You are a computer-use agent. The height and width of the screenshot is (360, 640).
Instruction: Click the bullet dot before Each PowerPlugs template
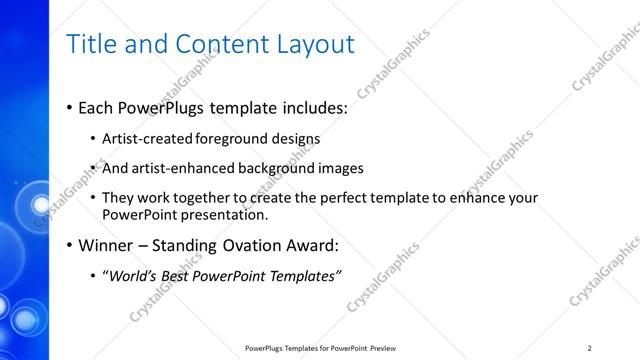tap(69, 108)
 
